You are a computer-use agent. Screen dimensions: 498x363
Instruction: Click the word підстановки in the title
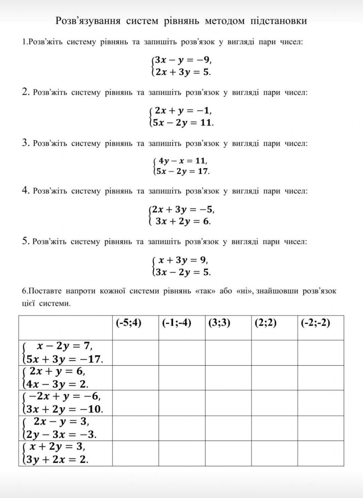pos(279,21)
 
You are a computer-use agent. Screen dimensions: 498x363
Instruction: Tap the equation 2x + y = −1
pos(183,111)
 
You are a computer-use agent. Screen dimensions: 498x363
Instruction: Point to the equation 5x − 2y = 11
pos(183,122)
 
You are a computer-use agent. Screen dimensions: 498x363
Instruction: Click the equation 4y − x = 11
pos(183,161)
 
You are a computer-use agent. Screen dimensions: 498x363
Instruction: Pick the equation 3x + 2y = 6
pos(183,221)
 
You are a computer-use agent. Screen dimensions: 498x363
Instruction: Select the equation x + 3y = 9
pos(183,260)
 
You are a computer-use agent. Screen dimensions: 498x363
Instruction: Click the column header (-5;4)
pos(129,323)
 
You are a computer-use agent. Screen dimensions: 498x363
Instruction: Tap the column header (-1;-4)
pos(176,323)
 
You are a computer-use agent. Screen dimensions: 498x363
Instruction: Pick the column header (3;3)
pos(219,323)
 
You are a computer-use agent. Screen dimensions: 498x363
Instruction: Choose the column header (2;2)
pos(266,323)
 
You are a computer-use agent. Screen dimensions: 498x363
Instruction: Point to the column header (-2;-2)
pos(316,323)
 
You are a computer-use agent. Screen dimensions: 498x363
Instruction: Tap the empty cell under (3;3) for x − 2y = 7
pos(228,353)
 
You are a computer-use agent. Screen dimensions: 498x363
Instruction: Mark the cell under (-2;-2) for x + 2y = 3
pos(321,453)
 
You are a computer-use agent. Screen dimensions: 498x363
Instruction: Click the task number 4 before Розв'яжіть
pos(26,191)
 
